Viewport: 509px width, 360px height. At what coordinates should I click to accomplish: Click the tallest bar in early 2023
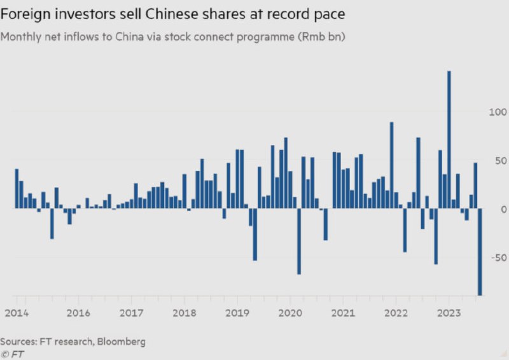[x=449, y=140]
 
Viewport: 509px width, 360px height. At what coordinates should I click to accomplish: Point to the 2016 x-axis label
[x=78, y=313]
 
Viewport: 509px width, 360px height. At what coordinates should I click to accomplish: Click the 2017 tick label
[x=131, y=313]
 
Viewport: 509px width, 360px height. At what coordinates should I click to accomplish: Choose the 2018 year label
[x=184, y=313]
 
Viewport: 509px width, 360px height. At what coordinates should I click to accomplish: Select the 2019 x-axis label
[x=237, y=313]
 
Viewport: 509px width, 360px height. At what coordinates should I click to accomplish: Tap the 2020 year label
[x=290, y=313]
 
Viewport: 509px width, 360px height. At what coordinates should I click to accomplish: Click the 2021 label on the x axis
[x=343, y=313]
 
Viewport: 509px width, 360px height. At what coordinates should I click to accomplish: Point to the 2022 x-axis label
[x=396, y=313]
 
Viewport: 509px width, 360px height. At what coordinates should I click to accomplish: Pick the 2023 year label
[x=449, y=313]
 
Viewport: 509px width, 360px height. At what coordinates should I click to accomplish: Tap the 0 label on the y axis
[x=503, y=209]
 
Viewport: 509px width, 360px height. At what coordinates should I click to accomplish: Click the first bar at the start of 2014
[x=17, y=189]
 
